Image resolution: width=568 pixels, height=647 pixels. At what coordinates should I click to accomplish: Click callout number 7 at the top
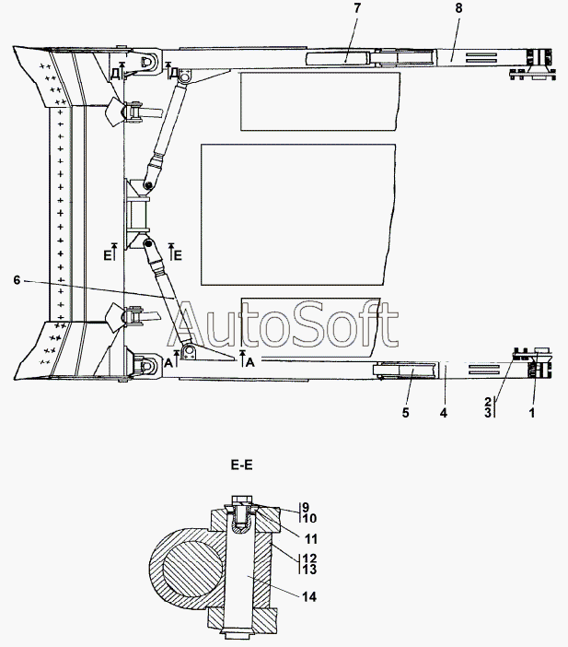(357, 8)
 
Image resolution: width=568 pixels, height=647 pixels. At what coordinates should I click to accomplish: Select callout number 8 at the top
(458, 8)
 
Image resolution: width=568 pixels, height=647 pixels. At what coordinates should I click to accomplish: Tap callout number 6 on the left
(17, 280)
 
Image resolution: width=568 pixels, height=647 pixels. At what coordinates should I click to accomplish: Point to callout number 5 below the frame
(406, 413)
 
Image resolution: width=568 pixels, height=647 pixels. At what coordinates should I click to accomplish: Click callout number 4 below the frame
(444, 413)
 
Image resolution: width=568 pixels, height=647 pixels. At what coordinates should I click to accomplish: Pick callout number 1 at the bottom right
(532, 413)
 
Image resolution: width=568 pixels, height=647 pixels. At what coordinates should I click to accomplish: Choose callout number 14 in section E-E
(309, 596)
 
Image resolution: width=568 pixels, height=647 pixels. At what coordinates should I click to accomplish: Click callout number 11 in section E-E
(311, 539)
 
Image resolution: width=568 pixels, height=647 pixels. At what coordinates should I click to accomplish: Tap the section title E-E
(241, 465)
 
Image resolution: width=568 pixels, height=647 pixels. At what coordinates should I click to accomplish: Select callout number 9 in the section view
(306, 507)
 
